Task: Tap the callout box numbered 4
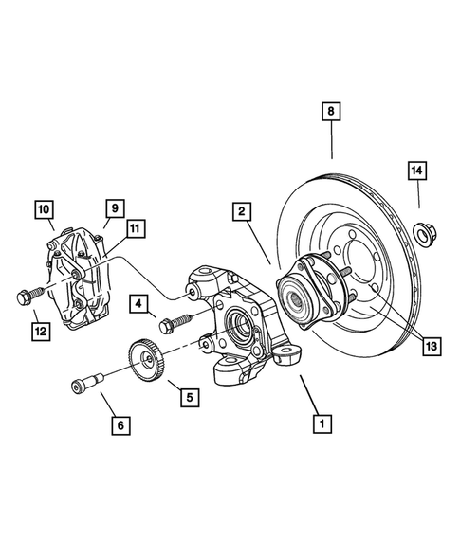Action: pos(139,304)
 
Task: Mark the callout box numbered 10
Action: pos(44,207)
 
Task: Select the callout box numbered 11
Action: pos(135,227)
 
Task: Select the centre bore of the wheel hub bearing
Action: pos(293,300)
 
